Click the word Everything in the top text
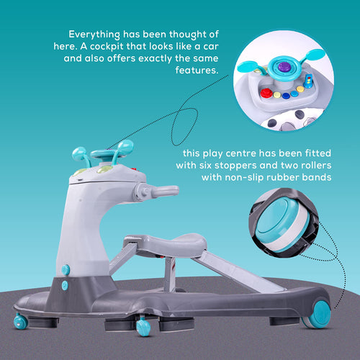point(94,35)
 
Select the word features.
point(197,70)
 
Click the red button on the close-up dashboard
point(266,93)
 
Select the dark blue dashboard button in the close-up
point(286,96)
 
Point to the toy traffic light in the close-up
point(308,81)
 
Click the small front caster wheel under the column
point(20,321)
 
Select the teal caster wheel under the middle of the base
point(143,326)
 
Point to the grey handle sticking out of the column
point(156,192)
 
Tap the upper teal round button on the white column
point(66,270)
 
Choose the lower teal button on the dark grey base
point(65,286)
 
